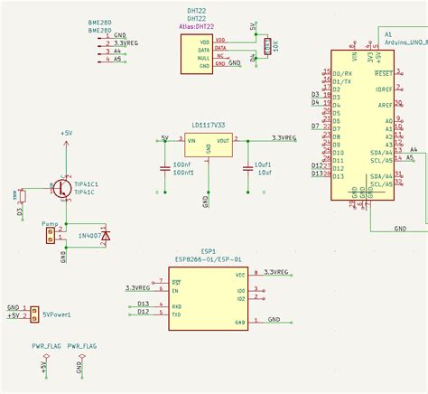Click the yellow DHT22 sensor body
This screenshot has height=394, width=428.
pyautogui.click(x=195, y=53)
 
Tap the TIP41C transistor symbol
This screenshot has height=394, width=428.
pyautogui.click(x=61, y=188)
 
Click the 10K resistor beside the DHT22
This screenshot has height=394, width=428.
pyautogui.click(x=266, y=46)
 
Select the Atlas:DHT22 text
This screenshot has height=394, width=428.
pyautogui.click(x=195, y=28)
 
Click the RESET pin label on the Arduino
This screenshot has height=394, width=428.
pyautogui.click(x=383, y=72)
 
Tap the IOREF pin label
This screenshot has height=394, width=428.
pyautogui.click(x=384, y=89)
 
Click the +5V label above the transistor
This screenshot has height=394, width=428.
pyautogui.click(x=66, y=133)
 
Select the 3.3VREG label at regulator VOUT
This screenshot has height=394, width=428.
pyautogui.click(x=284, y=138)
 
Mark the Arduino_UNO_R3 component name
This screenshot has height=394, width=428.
pyautogui.click(x=405, y=42)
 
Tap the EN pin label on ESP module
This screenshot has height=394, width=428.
pyautogui.click(x=175, y=290)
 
